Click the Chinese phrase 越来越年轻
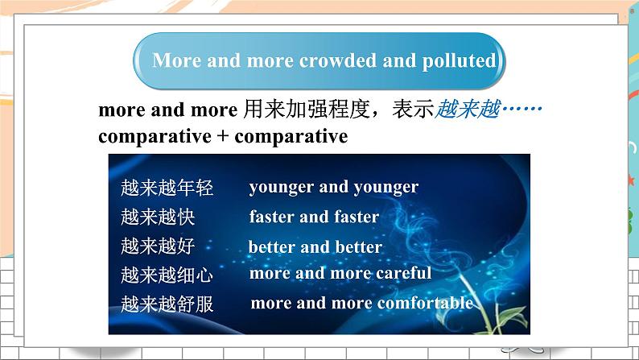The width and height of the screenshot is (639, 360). [167, 188]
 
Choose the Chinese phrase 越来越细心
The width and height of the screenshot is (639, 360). [167, 275]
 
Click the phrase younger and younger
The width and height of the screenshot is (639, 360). [333, 187]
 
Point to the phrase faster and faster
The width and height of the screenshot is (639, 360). [314, 217]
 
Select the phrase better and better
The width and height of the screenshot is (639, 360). [315, 246]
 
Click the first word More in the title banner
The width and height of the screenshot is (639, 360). [175, 61]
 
